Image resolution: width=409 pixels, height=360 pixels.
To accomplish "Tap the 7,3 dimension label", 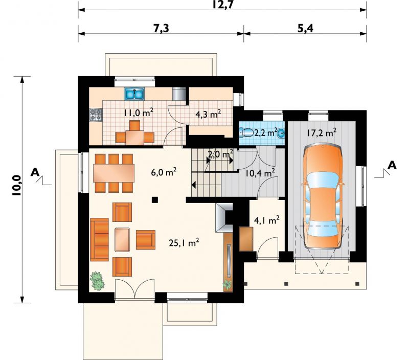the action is pos(161,28).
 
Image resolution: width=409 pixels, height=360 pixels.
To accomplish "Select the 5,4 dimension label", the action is pos(305,28).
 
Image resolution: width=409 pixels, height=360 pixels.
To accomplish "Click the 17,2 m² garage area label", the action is pos(322,133).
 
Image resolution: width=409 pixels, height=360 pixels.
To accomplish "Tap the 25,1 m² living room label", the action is pos(184,242).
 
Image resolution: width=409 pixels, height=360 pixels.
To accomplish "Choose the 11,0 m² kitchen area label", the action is pos(138,113).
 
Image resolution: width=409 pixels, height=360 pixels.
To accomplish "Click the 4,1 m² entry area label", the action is pos(266,221).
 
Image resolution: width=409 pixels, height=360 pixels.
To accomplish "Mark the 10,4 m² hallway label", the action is pos(260,173).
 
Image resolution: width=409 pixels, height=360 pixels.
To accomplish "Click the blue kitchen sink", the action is pos(134,94).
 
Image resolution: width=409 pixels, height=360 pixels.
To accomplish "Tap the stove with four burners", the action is pos(96,115).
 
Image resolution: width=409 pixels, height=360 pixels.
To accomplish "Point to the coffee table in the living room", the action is pos(122,239).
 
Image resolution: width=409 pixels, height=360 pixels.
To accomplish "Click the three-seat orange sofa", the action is pos(99,239).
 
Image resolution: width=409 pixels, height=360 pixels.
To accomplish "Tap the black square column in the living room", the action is pos(155,200).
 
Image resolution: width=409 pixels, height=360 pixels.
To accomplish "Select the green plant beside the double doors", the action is pos(97,281).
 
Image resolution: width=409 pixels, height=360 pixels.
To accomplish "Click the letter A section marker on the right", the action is pos(392,165).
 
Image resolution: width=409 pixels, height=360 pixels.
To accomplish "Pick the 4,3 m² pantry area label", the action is pos(209,114).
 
